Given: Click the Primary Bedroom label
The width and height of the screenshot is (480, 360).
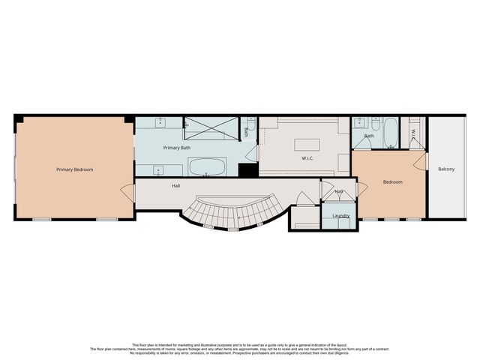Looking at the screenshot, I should point(75,169).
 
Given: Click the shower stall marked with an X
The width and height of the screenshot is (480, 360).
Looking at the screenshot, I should point(211,128).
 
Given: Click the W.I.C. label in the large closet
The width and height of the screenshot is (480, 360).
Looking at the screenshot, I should point(307,158).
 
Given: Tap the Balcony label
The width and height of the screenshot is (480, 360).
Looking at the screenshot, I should point(446,169).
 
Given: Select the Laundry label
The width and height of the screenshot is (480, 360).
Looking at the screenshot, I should point(342,216).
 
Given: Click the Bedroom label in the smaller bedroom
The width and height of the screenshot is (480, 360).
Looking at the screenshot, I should point(393,182).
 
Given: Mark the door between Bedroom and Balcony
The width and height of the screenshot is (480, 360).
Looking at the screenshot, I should point(424,160).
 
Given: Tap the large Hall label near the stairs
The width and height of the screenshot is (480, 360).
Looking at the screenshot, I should point(175,185).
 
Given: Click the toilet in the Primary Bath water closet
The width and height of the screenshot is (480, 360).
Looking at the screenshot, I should point(250,125).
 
